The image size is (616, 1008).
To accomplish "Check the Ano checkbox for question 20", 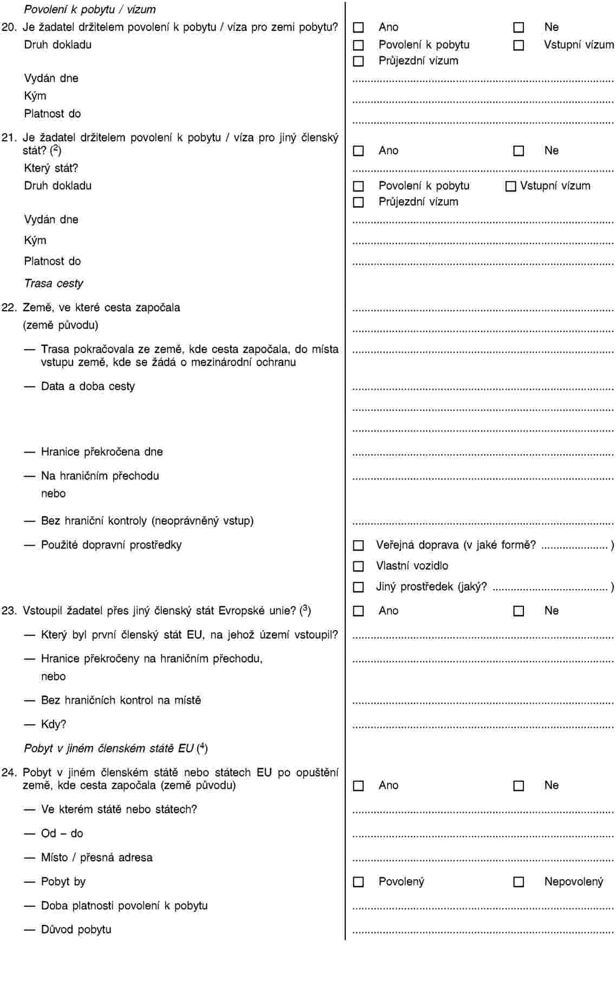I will pyautogui.click(x=358, y=28).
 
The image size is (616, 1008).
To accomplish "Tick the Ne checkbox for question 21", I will pyautogui.click(x=519, y=151).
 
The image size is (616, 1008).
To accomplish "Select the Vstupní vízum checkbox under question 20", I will pyautogui.click(x=519, y=45).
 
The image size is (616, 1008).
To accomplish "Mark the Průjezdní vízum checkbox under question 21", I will pyautogui.click(x=358, y=202).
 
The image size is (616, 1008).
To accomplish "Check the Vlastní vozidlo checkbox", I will pyautogui.click(x=358, y=566).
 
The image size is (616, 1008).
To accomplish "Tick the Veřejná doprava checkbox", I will pyautogui.click(x=358, y=546).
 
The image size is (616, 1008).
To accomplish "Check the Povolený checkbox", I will pyautogui.click(x=358, y=882).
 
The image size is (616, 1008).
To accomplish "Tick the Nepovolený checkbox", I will pyautogui.click(x=519, y=882).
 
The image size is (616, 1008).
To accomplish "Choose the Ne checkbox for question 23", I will pyautogui.click(x=519, y=611).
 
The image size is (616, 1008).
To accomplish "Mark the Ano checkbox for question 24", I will pyautogui.click(x=358, y=786).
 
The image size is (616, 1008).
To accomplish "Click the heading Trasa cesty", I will pyautogui.click(x=54, y=283).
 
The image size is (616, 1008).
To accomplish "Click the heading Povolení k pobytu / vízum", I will pyautogui.click(x=90, y=9).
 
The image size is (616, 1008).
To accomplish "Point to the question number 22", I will pyautogui.click(x=9, y=307).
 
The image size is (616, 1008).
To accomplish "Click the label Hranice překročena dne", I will pyautogui.click(x=102, y=452).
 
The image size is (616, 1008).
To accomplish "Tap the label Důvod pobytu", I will pyautogui.click(x=76, y=930).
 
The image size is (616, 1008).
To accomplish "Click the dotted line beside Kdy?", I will pyautogui.click(x=483, y=726).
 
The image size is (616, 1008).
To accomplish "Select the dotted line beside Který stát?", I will pyautogui.click(x=483, y=171).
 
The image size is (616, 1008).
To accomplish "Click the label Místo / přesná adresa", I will pyautogui.click(x=96, y=858).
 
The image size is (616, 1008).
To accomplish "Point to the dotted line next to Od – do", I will pyautogui.click(x=483, y=836).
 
